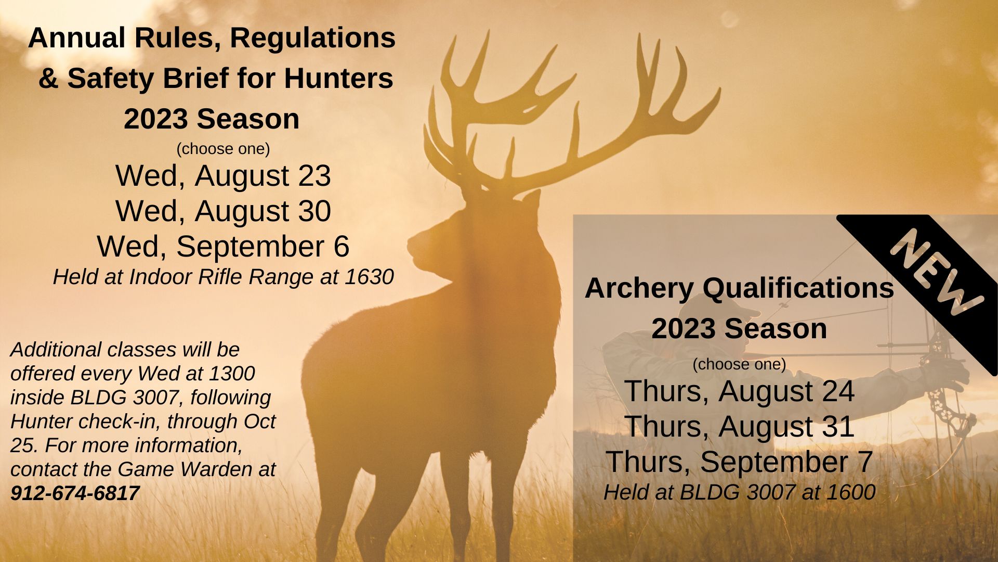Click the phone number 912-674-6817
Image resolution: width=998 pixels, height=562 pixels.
[x=75, y=493]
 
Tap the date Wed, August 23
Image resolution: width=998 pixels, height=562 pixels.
[x=223, y=176]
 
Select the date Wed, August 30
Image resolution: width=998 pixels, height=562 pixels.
[x=223, y=211]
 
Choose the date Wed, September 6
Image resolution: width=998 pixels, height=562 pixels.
[x=223, y=247]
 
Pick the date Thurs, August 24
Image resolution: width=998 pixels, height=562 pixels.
[x=739, y=391]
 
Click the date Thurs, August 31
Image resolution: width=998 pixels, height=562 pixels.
[x=739, y=427]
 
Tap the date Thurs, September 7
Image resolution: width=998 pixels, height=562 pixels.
[x=739, y=462]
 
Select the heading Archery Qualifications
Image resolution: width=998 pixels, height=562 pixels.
[x=739, y=288]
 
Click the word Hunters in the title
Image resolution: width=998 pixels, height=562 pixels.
[x=338, y=79]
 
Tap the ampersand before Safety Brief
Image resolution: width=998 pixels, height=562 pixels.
[x=48, y=79]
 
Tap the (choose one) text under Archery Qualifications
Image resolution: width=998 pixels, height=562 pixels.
[x=739, y=364]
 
